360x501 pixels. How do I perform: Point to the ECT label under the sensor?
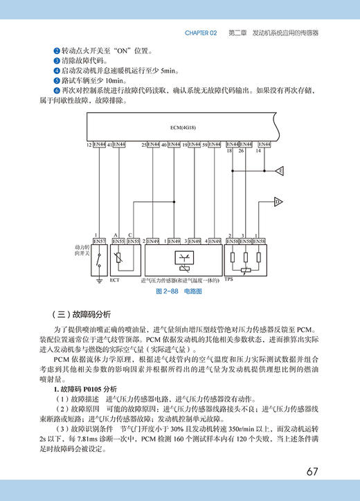[115, 282]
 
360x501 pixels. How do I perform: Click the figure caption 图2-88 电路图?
[179, 292]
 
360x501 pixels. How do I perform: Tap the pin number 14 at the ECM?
[258, 150]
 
